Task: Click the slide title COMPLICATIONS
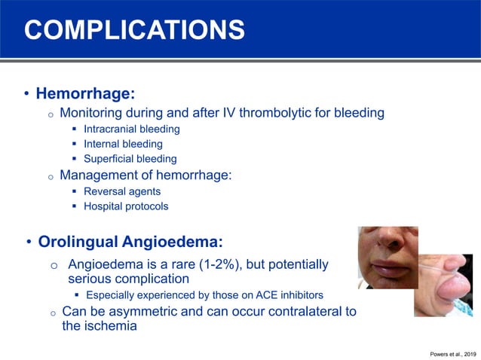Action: tap(134, 29)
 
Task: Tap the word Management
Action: tap(100, 175)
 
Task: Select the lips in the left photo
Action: tap(392, 267)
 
